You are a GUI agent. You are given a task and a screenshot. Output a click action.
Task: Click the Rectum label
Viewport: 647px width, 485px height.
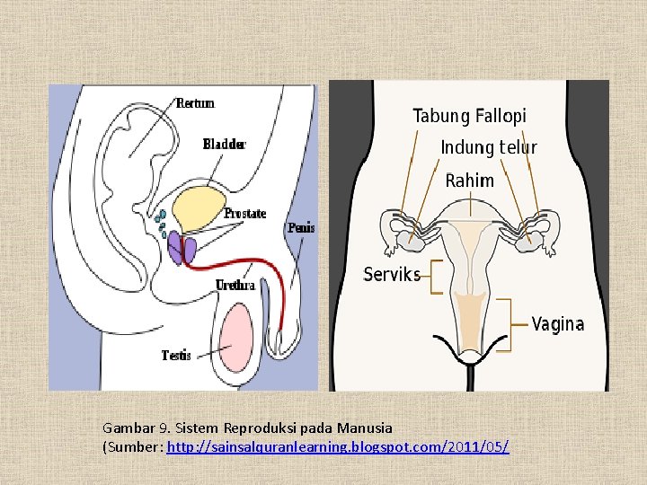pyautogui.click(x=195, y=103)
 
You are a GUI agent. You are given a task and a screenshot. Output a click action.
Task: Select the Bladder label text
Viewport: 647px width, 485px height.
pyautogui.click(x=224, y=144)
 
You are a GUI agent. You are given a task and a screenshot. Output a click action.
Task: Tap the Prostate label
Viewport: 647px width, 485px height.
pyautogui.click(x=244, y=214)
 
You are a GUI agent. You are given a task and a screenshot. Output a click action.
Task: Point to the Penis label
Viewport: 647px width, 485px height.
pyautogui.click(x=301, y=228)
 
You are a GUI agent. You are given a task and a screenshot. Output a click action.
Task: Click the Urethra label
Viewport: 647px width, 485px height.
pyautogui.click(x=235, y=286)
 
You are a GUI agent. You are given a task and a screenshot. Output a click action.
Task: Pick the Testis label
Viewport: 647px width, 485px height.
pyautogui.click(x=176, y=356)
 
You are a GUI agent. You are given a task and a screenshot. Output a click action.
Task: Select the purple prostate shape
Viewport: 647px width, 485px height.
pyautogui.click(x=181, y=249)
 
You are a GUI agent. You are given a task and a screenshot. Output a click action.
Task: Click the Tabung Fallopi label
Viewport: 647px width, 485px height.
pyautogui.click(x=469, y=116)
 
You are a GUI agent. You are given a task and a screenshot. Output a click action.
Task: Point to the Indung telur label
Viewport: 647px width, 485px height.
pyautogui.click(x=489, y=147)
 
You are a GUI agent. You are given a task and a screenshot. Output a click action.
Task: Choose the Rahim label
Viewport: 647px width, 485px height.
pyautogui.click(x=469, y=181)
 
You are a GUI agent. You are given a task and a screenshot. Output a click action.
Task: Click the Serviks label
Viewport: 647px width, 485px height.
pyautogui.click(x=392, y=275)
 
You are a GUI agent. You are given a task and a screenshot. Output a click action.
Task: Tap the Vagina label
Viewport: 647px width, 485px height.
pyautogui.click(x=557, y=324)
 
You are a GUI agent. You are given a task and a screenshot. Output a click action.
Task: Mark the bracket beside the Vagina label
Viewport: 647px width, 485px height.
pyautogui.click(x=517, y=324)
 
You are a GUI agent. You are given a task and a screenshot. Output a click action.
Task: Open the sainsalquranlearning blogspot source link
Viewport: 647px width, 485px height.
pyautogui.click(x=338, y=446)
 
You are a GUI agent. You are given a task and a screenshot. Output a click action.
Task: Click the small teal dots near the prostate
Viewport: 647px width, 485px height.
pyautogui.click(x=161, y=216)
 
